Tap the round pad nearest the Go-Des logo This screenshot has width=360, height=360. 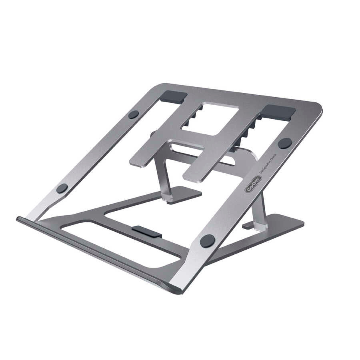tap(285, 143)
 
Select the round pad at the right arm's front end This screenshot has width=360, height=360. tap(207, 240)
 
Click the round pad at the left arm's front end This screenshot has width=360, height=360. tap(62, 188)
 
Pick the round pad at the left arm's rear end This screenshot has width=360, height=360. tap(133, 114)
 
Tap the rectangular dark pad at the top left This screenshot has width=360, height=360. tap(173, 96)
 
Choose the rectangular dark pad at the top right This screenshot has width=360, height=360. tap(279, 112)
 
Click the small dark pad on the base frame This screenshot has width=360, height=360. tap(146, 231)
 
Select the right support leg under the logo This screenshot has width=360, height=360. tap(259, 212)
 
